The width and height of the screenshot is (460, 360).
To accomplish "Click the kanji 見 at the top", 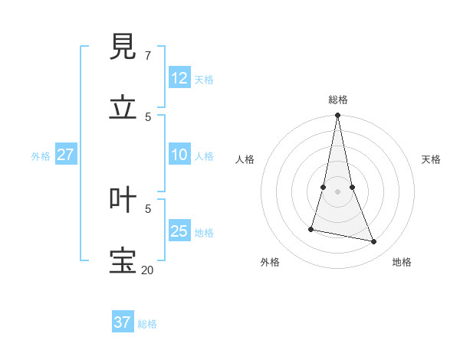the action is (x=123, y=47).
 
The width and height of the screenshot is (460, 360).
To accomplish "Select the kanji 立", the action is (x=123, y=108).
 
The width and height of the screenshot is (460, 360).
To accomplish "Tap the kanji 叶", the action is (x=123, y=201).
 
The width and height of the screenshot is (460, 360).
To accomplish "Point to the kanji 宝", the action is (x=123, y=261).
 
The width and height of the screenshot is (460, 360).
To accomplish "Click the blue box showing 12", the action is (x=179, y=78).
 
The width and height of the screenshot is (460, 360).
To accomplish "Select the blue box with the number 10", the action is (x=179, y=155).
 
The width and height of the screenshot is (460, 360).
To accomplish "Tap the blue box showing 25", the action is (x=179, y=231).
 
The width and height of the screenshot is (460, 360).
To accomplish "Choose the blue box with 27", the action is (x=66, y=155).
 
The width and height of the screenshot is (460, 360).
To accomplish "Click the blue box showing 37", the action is (x=123, y=322).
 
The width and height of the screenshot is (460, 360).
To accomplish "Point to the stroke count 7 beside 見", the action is (x=148, y=56).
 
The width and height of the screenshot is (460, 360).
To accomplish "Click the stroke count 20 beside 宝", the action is (x=148, y=270).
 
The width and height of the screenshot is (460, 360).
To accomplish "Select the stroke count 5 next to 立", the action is (x=148, y=116).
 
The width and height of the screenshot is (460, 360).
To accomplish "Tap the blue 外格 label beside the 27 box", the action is (x=41, y=156).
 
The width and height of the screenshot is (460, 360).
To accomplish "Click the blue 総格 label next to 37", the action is (x=147, y=324).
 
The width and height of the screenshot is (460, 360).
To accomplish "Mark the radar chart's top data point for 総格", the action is (x=337, y=116).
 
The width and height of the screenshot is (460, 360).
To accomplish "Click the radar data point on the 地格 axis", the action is (x=374, y=242).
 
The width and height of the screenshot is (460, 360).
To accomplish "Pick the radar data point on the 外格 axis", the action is (x=311, y=229).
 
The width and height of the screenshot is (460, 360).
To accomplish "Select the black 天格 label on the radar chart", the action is (x=431, y=159).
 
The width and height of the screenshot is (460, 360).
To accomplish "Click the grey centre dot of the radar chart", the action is (x=337, y=191).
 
